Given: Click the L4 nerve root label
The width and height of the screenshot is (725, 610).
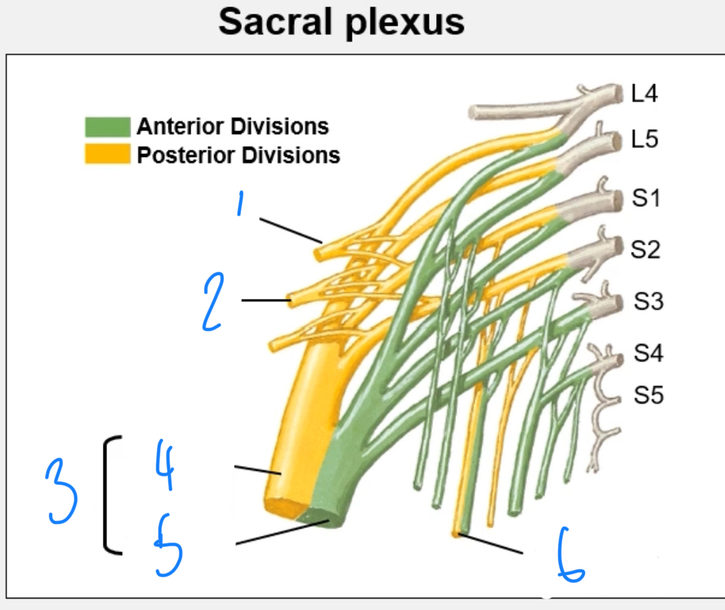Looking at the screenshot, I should point(644,93).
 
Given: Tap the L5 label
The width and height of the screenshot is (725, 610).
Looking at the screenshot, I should point(644,139).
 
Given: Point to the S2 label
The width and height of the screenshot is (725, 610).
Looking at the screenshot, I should point(645,249).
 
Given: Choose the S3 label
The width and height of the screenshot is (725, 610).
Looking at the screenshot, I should point(649,302).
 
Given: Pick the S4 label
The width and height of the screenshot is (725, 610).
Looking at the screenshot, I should point(649,353).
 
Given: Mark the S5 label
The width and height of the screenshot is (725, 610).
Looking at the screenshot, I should point(649,394).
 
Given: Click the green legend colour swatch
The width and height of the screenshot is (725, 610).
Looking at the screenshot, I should point(107,127).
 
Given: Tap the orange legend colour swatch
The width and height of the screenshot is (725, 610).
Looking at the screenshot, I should point(107,154).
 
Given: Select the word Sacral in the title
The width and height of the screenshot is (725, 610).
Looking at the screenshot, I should point(275,23).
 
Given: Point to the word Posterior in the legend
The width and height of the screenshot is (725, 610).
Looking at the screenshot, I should point(186,155).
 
